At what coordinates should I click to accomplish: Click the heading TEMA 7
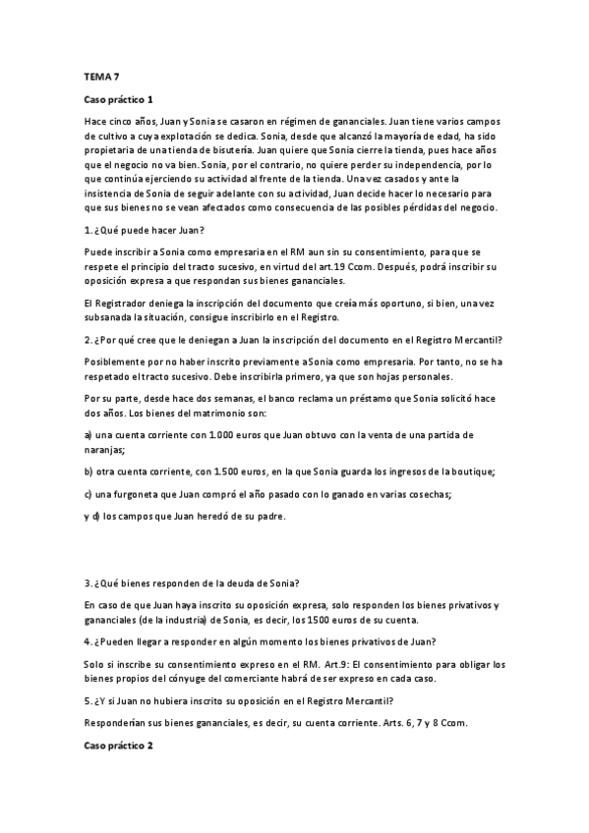point(98,76)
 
